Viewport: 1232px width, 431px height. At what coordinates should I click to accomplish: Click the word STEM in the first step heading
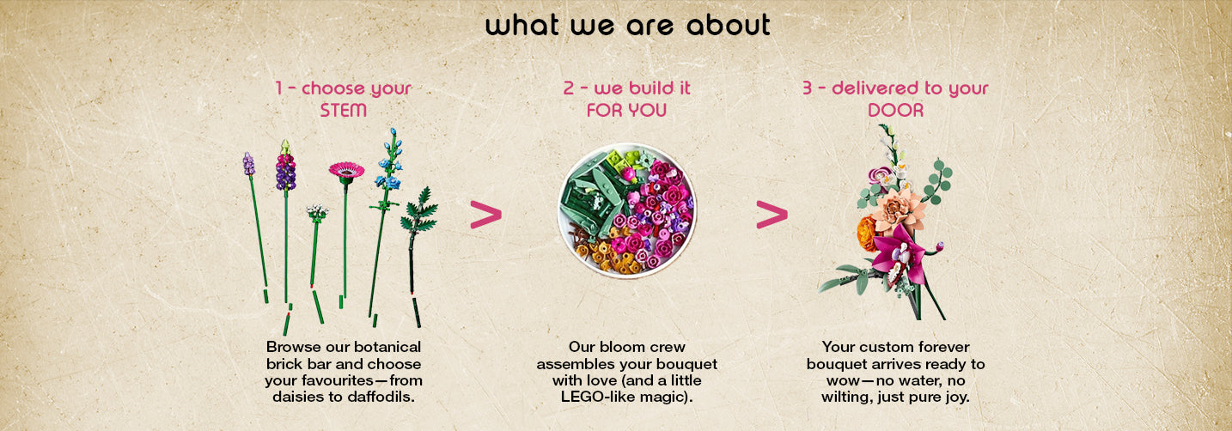pos(343,111)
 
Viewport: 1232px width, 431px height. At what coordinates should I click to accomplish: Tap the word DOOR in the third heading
pos(895,111)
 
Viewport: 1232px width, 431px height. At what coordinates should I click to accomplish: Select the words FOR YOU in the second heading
pos(626,111)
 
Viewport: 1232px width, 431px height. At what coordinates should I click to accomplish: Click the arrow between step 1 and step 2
pos(486,215)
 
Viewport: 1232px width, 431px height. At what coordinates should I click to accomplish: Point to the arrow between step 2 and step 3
pos(772,215)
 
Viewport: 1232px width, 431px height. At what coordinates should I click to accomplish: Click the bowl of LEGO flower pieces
pos(627,211)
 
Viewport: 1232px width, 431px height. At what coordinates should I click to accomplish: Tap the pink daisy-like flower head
pos(346,170)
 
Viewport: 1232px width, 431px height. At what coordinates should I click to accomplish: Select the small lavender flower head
pos(248,164)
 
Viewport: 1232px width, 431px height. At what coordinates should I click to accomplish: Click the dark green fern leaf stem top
pos(419,211)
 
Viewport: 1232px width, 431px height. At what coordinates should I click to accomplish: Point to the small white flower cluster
pos(317,213)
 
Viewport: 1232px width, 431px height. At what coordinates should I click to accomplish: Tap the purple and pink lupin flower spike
pos(285,166)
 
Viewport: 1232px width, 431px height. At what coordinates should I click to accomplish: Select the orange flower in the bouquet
pos(868,233)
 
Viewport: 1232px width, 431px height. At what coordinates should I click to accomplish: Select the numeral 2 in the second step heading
pos(569,88)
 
